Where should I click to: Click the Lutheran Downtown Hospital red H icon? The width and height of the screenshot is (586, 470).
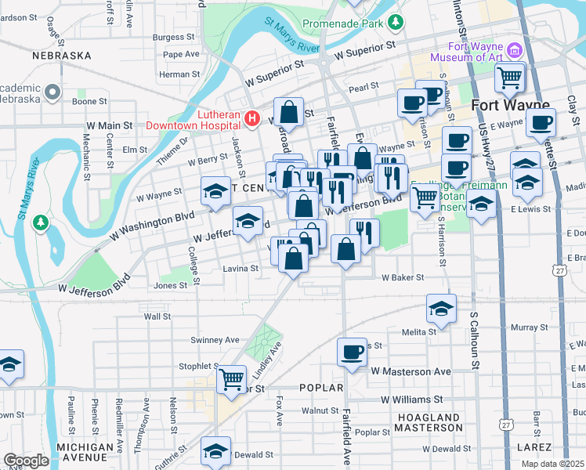pyautogui.click(x=252, y=119)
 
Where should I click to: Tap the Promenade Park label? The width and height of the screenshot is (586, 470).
pyautogui.click(x=342, y=23)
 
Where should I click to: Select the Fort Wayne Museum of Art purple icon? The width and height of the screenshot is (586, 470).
pyautogui.click(x=515, y=51)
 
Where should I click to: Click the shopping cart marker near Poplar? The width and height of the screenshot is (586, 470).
pyautogui.click(x=231, y=379)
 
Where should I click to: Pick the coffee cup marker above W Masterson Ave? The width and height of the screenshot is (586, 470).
pyautogui.click(x=352, y=352)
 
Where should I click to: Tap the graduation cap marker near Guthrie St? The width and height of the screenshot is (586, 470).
pyautogui.click(x=215, y=450)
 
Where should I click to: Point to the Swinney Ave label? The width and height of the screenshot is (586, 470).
pyautogui.click(x=215, y=340)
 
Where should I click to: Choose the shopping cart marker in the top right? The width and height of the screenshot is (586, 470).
pyautogui.click(x=509, y=77)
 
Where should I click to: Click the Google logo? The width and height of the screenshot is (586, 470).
pyautogui.click(x=26, y=460)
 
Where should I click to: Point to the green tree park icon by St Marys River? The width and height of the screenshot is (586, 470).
pyautogui.click(x=40, y=224)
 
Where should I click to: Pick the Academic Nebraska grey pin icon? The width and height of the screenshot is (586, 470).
pyautogui.click(x=53, y=93)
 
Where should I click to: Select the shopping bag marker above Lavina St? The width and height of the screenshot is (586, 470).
pyautogui.click(x=293, y=258)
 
